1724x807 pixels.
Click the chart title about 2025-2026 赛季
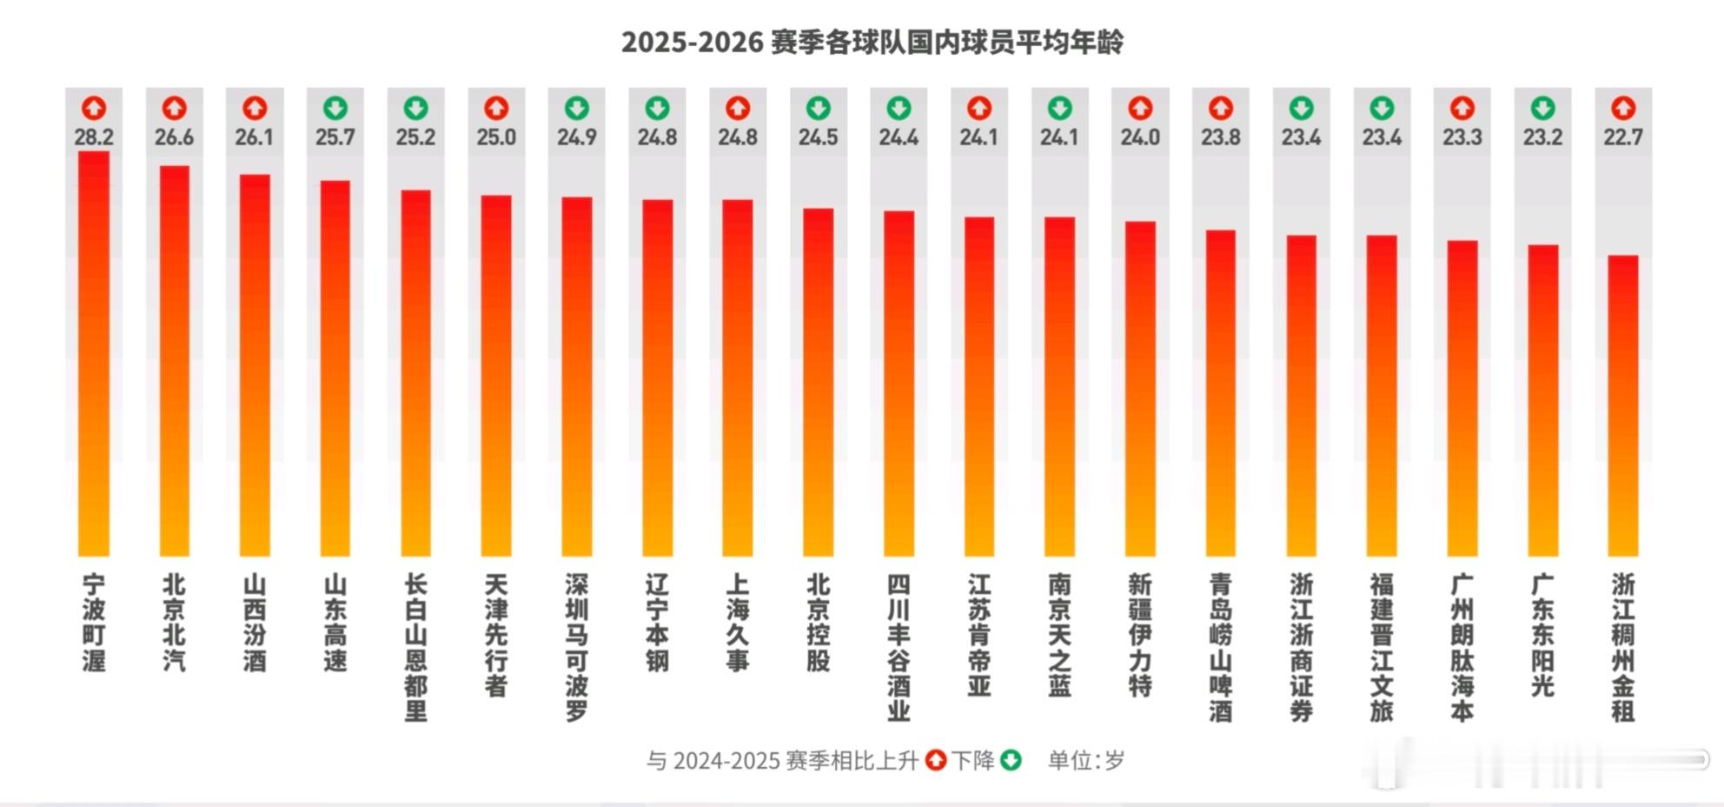pos(872,42)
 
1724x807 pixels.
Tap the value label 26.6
pos(174,137)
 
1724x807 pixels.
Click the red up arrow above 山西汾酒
pos(255,109)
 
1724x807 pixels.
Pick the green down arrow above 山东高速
pos(335,109)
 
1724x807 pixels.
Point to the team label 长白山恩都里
pos(415,647)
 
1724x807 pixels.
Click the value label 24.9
pos(577,137)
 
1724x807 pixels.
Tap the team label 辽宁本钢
pos(657,623)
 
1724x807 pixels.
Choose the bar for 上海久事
pos(738,378)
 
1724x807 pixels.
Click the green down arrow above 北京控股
pos(819,109)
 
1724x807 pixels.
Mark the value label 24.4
pos(898,137)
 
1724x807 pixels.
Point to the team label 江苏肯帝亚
pos(979,635)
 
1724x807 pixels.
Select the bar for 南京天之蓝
pos(1059,387)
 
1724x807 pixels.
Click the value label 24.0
pos(1140,137)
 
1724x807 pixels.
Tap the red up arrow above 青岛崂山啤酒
pos(1221,109)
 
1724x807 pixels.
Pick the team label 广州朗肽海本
pos(1462,647)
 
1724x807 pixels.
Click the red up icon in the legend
pos(936,760)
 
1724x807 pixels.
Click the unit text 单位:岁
pos(1086,761)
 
